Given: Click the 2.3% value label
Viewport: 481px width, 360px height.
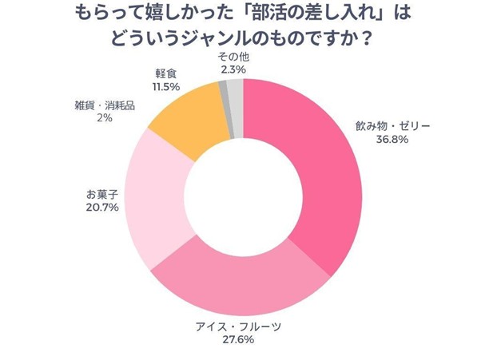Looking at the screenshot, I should (x=233, y=70).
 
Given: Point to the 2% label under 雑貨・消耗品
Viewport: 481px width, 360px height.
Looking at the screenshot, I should (x=103, y=117).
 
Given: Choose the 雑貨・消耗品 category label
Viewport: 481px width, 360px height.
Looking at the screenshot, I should (x=104, y=105).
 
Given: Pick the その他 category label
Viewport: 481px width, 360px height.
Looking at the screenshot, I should (x=233, y=57).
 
